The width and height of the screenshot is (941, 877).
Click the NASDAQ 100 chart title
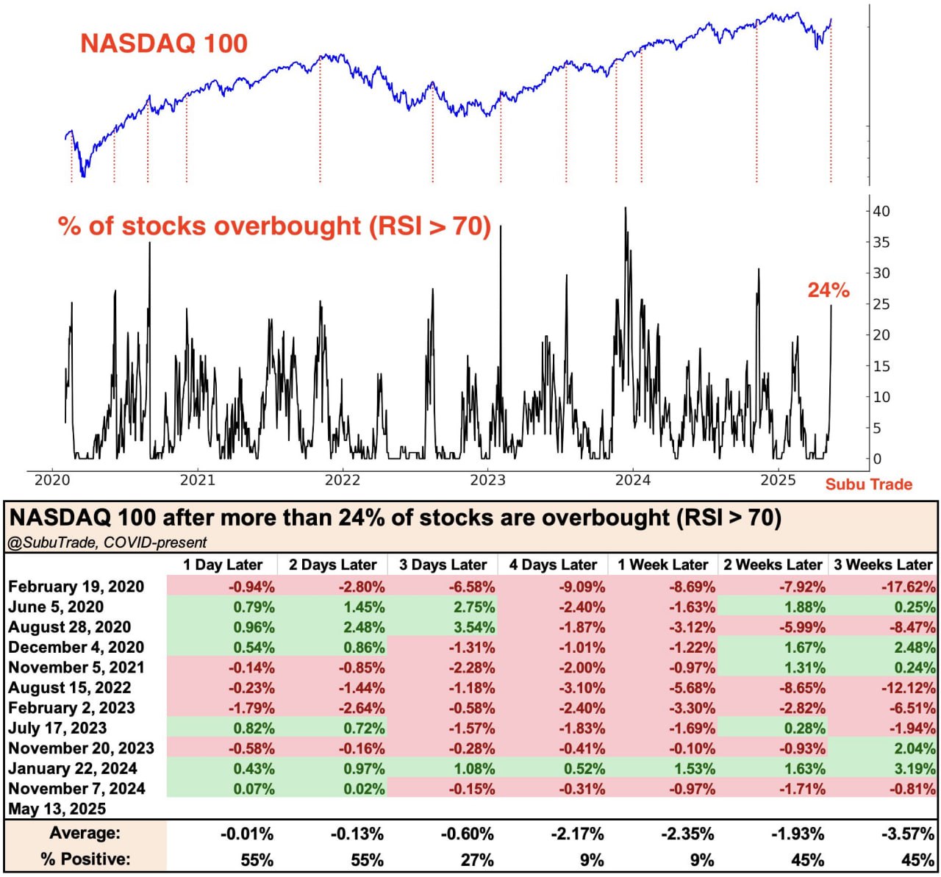(164, 43)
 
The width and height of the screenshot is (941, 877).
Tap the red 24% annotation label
(829, 290)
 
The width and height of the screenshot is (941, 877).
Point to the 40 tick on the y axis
(881, 211)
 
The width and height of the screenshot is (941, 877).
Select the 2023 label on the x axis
(487, 480)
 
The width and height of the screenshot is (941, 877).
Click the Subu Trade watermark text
(868, 484)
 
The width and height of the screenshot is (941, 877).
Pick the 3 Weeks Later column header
(882, 565)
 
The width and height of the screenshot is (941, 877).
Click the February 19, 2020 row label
(76, 587)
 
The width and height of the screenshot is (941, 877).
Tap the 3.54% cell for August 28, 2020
(474, 627)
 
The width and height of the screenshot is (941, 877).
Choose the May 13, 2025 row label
(57, 809)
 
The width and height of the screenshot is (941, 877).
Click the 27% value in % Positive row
(478, 859)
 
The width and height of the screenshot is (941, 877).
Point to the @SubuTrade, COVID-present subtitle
(107, 543)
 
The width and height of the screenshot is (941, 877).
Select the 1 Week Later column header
(662, 565)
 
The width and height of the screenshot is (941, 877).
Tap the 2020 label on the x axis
(52, 480)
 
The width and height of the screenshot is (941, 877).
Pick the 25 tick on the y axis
(881, 304)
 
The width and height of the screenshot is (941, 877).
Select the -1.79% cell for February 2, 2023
(253, 708)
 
